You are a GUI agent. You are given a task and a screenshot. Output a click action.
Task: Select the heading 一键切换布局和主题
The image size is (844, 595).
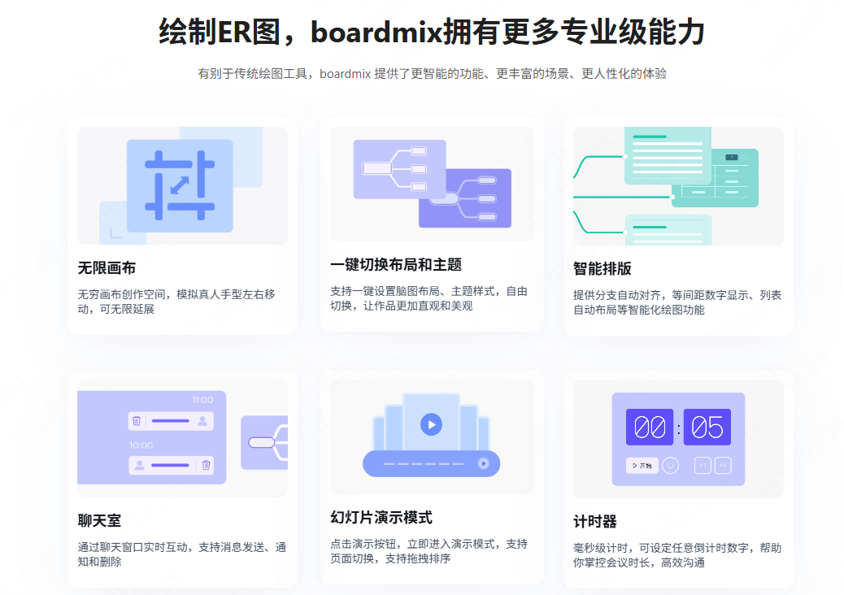coord(396,264)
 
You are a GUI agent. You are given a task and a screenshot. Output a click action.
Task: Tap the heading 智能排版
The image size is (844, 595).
coord(603,268)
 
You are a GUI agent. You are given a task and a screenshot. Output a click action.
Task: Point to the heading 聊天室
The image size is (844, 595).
coord(99,520)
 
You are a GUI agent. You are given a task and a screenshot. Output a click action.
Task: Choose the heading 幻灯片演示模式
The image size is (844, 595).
coord(381,517)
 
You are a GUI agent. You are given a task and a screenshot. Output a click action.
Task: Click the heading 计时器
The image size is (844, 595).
coord(595,521)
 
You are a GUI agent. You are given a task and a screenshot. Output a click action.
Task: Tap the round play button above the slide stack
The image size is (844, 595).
coord(431,423)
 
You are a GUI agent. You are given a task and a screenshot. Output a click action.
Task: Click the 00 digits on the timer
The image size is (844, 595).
coord(649,427)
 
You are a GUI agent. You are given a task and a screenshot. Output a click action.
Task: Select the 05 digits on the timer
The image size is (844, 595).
coord(707,427)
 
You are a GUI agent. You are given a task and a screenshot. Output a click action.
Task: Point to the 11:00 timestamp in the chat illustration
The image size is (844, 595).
coord(202,400)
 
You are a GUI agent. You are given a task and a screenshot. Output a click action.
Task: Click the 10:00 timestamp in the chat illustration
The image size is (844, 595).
coord(141,445)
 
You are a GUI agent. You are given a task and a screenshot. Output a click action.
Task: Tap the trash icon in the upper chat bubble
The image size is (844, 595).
coord(137,421)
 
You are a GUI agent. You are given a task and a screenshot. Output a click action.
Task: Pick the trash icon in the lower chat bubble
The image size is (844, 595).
coord(206,465)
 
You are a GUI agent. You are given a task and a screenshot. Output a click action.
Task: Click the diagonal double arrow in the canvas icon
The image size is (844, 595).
coord(180,185)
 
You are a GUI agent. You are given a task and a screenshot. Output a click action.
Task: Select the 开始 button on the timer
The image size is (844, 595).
coord(642,466)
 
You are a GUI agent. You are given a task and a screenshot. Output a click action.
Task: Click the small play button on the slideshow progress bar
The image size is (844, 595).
coord(484,463)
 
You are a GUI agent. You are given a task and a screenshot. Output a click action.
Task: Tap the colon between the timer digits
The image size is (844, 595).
coord(678,428)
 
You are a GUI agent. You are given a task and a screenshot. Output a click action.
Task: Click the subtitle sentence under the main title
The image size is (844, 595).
coord(432,74)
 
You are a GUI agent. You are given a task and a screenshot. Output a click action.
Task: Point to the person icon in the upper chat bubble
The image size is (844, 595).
coord(202,421)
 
